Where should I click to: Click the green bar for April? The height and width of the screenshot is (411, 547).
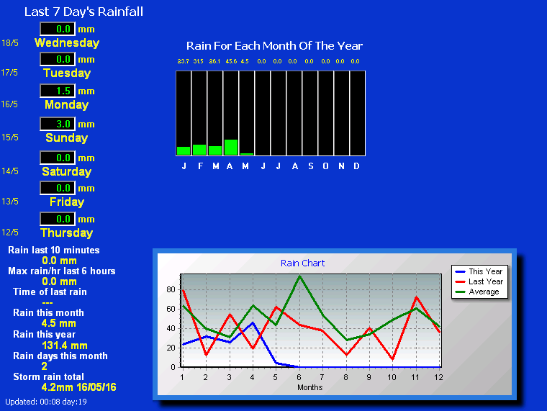231,148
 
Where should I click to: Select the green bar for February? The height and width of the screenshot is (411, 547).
199,150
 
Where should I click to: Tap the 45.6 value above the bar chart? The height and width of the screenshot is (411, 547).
231,61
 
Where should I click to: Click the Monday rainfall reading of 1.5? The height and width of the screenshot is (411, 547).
63,91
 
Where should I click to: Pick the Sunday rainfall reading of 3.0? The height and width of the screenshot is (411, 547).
63,124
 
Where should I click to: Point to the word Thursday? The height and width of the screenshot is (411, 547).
67,232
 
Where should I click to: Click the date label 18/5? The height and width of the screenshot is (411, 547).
10,43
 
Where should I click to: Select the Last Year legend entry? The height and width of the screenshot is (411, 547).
479,281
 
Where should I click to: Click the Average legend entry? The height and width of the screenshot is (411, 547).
477,292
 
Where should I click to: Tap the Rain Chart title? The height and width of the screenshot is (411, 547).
302,263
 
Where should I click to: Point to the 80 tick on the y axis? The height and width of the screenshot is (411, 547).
171,289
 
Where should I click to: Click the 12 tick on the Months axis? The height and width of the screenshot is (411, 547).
438,377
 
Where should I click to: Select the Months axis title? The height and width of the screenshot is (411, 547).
309,387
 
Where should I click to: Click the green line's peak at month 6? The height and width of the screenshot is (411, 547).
299,276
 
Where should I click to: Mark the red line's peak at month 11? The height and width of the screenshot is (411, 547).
416,297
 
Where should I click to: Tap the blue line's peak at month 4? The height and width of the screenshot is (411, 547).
253,322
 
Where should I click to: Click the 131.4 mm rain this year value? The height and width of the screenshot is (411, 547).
65,345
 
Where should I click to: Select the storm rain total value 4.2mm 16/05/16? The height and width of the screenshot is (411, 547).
79,387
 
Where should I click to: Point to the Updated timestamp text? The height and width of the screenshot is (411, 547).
46,402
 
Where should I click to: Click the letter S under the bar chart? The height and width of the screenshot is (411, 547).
310,166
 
